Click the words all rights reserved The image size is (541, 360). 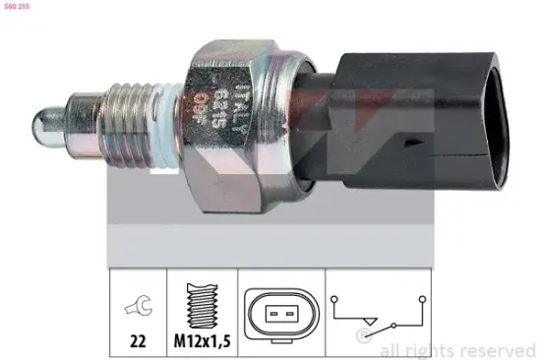[x=457, y=349]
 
